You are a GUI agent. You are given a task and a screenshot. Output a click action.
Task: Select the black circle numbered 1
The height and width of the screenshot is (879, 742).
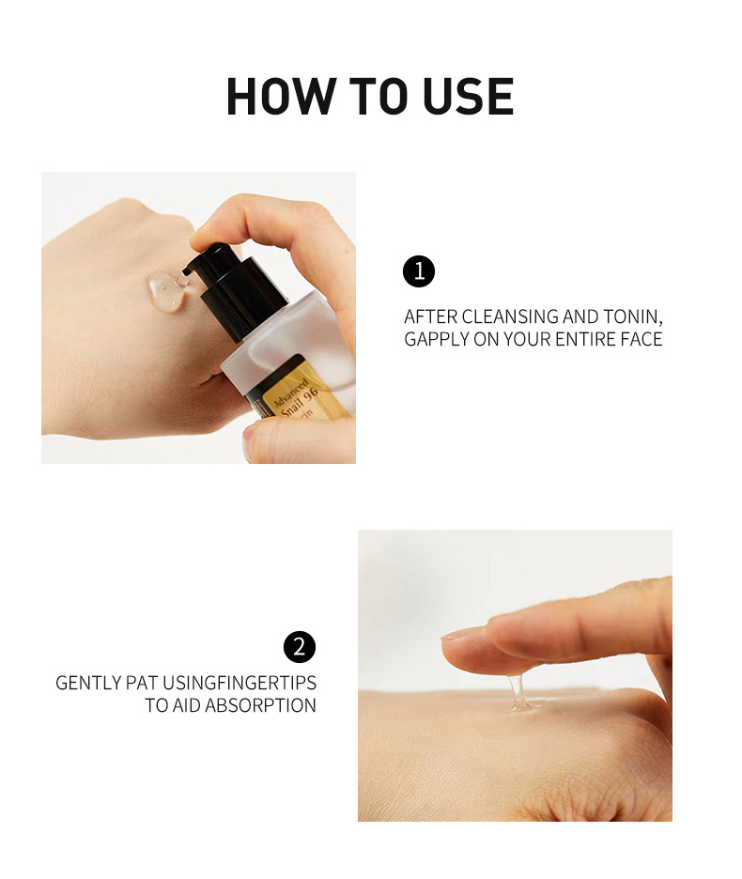(x=419, y=272)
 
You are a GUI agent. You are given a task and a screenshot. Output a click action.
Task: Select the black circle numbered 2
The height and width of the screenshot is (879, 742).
(x=300, y=647)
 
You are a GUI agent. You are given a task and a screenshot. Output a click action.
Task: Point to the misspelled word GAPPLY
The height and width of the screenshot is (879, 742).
(x=439, y=339)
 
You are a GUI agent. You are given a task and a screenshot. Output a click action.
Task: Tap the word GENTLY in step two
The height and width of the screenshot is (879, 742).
(x=87, y=683)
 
